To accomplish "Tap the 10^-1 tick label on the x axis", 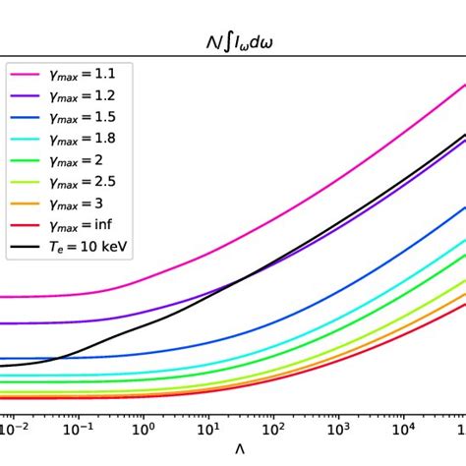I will point(79,429).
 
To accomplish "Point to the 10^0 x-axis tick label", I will point(144,429).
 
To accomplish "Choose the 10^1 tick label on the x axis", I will point(208,429).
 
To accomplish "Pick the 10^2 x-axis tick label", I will point(273,429).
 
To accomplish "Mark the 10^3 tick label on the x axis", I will point(338,429).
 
